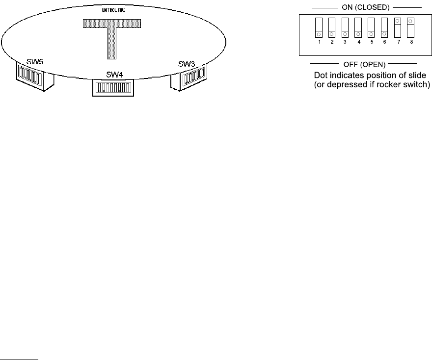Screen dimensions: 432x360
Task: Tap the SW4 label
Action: click(114, 75)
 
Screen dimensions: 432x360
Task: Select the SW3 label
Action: click(187, 64)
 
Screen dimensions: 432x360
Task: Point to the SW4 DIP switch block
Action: click(113, 88)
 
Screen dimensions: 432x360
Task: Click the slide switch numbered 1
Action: click(319, 27)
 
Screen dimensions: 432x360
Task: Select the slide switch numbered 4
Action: click(358, 27)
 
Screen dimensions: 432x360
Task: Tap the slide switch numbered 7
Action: click(397, 27)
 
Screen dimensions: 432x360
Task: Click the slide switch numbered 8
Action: click(410, 27)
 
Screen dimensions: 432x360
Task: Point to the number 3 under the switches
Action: click(345, 42)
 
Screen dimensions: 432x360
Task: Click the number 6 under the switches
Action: click(384, 42)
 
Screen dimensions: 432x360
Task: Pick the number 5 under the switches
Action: click(372, 42)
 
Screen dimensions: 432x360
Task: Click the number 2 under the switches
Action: click(332, 42)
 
